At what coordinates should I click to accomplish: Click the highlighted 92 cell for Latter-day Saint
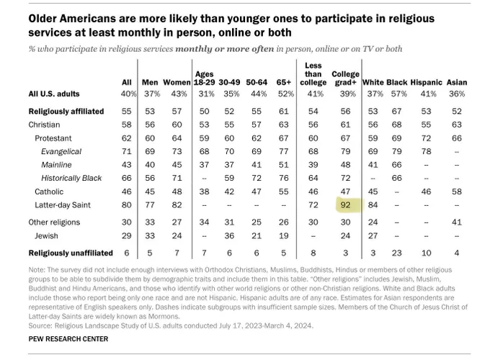pyautogui.click(x=345, y=205)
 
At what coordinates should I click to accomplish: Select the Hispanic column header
pyautogui.click(x=427, y=82)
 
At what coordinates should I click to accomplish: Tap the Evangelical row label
pyautogui.click(x=61, y=152)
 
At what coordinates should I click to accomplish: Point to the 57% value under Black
pyautogui.click(x=399, y=94)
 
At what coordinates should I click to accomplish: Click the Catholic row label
pyautogui.click(x=49, y=192)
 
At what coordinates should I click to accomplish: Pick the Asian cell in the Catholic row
pyautogui.click(x=457, y=192)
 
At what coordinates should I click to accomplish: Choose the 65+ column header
pyautogui.click(x=283, y=82)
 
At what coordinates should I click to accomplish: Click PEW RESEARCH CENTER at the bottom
pyautogui.click(x=68, y=339)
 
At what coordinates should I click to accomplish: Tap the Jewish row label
pyautogui.click(x=46, y=235)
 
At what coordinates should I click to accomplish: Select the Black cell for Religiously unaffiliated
pyautogui.click(x=396, y=253)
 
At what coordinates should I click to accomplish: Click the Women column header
pyautogui.click(x=177, y=82)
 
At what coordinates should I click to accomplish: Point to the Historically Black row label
pyautogui.click(x=71, y=179)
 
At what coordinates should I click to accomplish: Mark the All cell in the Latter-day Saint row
pyautogui.click(x=127, y=205)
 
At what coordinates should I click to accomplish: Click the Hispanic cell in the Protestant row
pyautogui.click(x=426, y=138)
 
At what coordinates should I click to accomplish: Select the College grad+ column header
pyautogui.click(x=345, y=78)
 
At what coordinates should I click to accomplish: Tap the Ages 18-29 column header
pyautogui.click(x=205, y=78)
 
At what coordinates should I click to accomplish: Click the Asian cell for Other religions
pyautogui.click(x=457, y=222)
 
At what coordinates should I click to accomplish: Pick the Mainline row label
pyautogui.click(x=56, y=165)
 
